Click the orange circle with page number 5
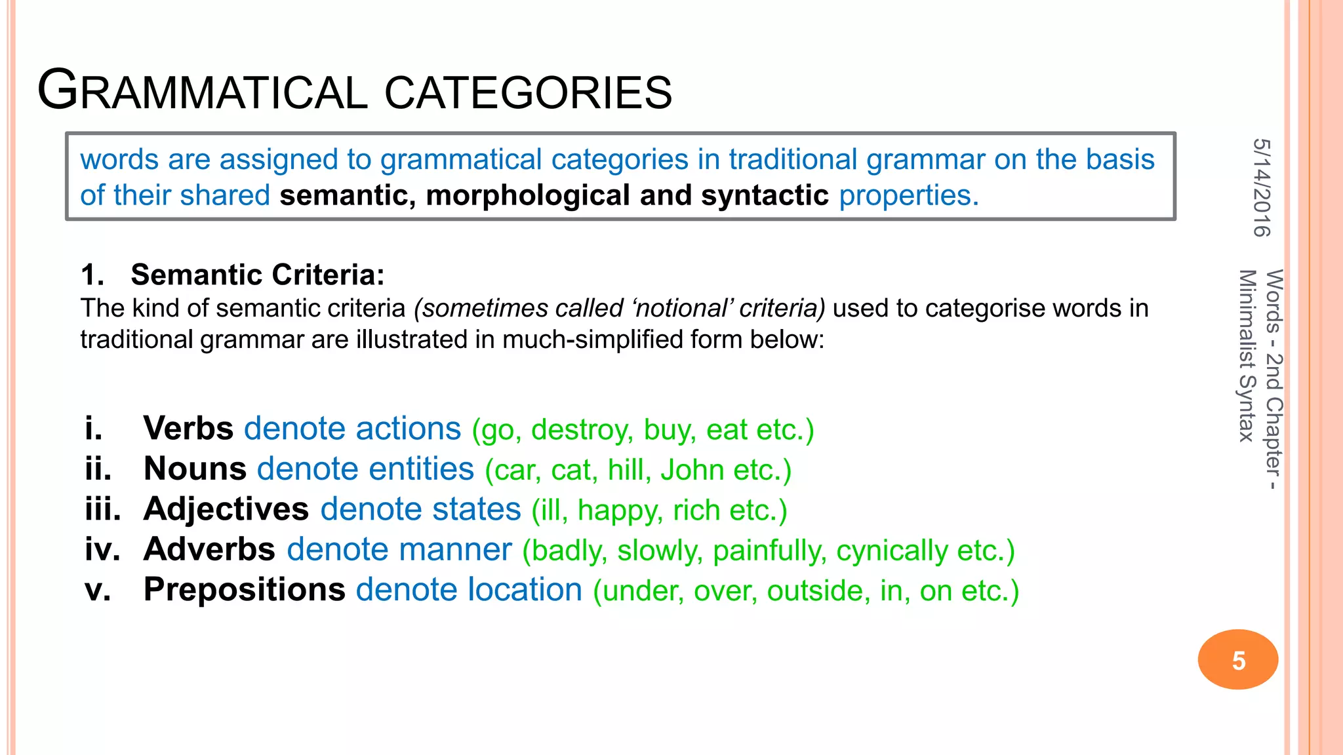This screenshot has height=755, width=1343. click(1237, 659)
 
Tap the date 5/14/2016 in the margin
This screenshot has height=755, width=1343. click(1261, 187)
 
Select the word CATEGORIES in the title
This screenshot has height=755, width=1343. click(528, 92)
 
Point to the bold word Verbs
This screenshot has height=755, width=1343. click(188, 429)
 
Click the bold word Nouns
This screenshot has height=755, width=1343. click(195, 469)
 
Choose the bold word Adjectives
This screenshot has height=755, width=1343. click(226, 509)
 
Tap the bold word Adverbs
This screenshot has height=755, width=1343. click(209, 549)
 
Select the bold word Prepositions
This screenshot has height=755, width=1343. click(244, 590)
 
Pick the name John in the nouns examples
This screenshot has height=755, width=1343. click(692, 471)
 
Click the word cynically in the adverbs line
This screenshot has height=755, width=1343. click(892, 551)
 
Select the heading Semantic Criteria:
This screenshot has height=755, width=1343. click(257, 275)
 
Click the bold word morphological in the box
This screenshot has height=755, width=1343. click(528, 195)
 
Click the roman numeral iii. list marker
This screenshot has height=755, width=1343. click(103, 509)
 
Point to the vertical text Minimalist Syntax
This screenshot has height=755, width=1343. click(1247, 355)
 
